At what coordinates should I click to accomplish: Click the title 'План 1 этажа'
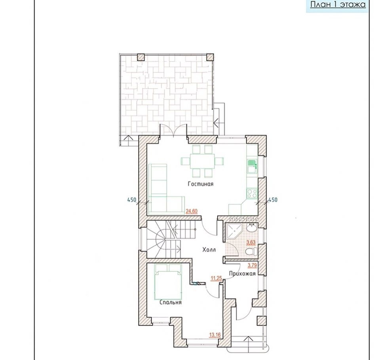tap(338, 4)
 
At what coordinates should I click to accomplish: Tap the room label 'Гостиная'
tap(201, 184)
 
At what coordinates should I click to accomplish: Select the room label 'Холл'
tap(209, 250)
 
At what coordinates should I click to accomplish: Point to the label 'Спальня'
tap(171, 302)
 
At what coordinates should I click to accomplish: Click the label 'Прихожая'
tap(242, 273)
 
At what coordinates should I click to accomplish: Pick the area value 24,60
tap(192, 211)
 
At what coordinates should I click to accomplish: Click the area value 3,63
tap(251, 242)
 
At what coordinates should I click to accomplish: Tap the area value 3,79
tap(252, 265)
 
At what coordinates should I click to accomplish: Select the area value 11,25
tap(216, 279)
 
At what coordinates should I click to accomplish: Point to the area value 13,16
tap(215, 335)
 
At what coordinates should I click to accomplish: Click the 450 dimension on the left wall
tap(132, 200)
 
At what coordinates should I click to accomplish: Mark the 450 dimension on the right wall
tap(273, 200)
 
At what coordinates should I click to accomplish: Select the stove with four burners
tap(252, 193)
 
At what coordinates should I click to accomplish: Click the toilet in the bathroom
tap(251, 252)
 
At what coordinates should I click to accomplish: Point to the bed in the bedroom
tap(168, 282)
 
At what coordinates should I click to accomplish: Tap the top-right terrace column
tap(210, 57)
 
